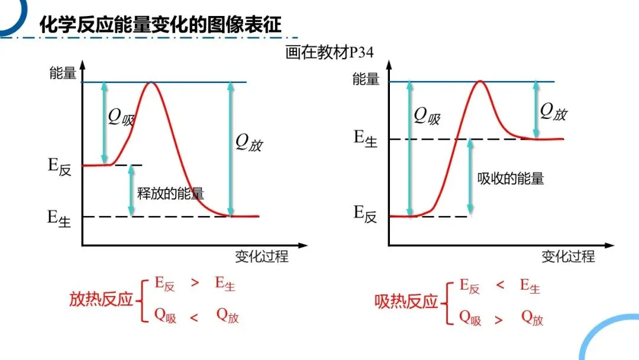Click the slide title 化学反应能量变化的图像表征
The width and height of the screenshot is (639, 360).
160,24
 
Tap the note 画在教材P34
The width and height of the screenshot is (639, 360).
329,53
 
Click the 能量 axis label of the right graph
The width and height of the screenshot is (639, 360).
366,78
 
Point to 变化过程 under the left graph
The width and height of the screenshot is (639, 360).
262,256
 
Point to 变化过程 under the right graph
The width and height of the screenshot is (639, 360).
568,256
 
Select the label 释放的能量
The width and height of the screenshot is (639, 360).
170,194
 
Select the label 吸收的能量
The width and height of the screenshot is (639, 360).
511,178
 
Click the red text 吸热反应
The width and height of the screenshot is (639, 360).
406,301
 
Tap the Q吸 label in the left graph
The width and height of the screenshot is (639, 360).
121,117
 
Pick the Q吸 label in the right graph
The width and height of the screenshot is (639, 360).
427,115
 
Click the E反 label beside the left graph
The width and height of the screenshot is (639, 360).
59,166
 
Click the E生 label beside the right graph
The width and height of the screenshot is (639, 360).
366,139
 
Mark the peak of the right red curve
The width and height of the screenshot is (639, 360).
480,81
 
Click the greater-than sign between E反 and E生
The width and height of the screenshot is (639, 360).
195,283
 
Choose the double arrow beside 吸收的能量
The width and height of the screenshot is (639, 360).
470,176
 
